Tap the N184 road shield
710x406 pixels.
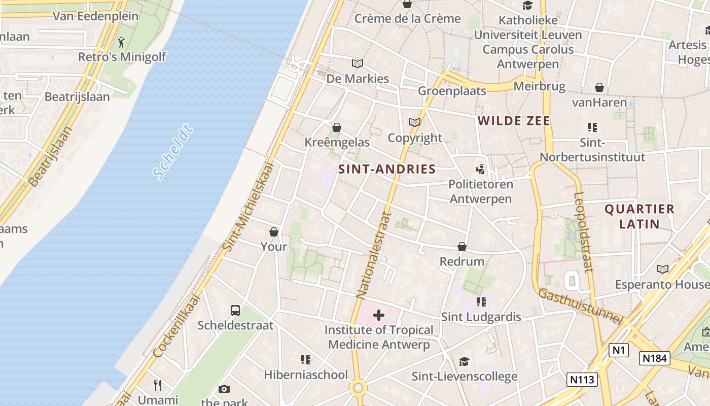pos(654,358)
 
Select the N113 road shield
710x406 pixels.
pos(582,379)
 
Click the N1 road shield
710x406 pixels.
pos(618,350)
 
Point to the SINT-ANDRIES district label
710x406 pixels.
pos(387,169)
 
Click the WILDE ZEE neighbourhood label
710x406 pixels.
pos(514,121)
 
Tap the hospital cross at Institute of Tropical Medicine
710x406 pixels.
pos(378,315)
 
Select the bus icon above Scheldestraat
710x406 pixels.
pos(235,310)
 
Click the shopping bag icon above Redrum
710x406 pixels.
pos(462,247)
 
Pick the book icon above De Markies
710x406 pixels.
pos(358,64)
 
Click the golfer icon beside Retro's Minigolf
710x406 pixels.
pos(121,42)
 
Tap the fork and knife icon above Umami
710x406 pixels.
pos(158,385)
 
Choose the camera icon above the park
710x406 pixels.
pos(224,389)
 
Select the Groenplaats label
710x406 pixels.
pos(452,91)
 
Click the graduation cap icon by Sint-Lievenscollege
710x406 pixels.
pos(464,361)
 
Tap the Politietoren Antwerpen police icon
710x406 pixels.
pos(480,169)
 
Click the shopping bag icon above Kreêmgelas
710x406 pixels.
pos(337,127)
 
